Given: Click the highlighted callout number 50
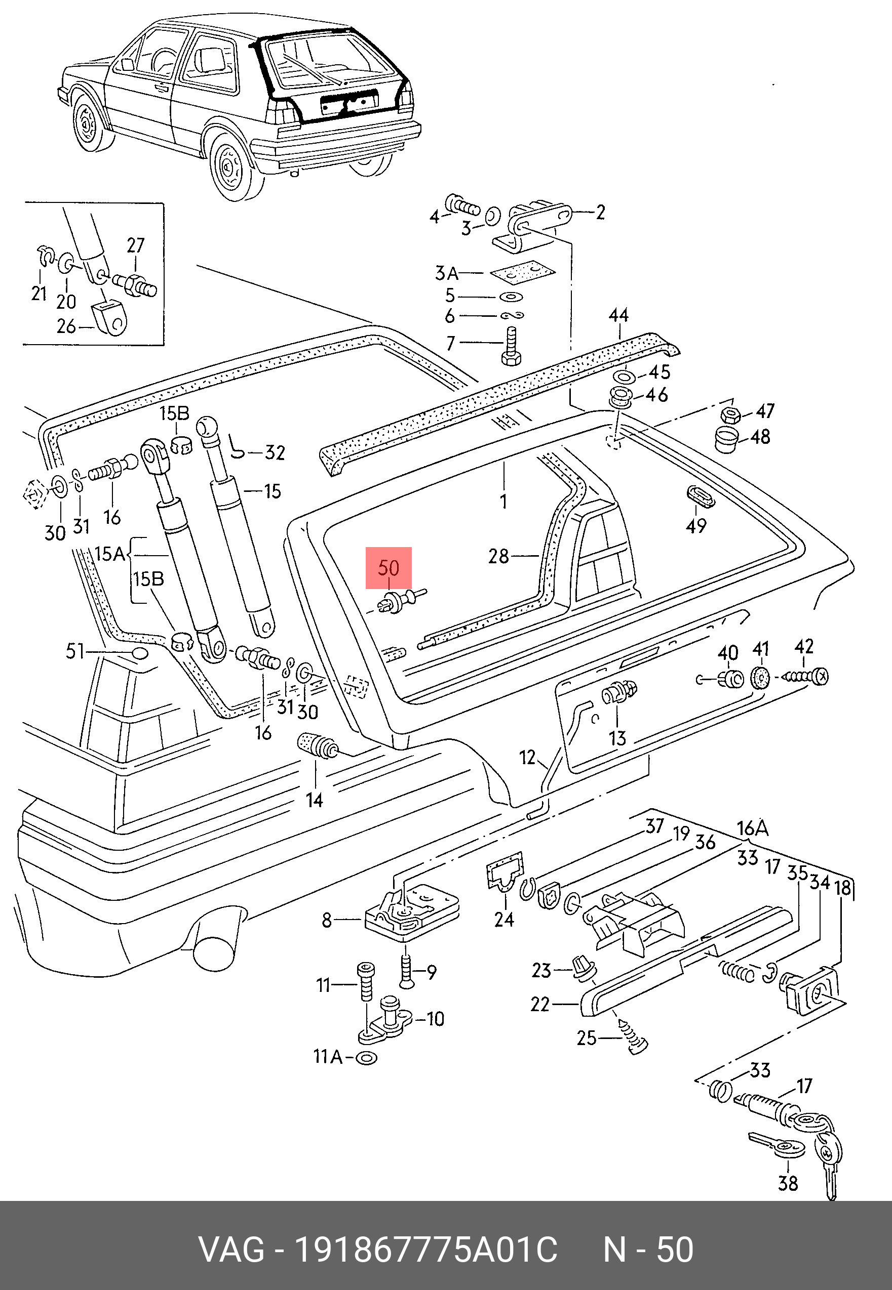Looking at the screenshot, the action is coord(389,568).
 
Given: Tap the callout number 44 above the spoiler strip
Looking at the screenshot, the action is coord(618,315).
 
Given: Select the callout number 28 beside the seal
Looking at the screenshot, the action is coord(498,556).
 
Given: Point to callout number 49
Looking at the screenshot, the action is coord(696,525).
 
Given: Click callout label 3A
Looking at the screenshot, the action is coord(447,273).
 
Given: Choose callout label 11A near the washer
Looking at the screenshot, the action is coord(328,1057).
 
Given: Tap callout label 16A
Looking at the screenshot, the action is coord(752,827).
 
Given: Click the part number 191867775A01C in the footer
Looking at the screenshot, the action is coord(425,1250).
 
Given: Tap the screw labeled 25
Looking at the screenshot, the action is coord(633,1036).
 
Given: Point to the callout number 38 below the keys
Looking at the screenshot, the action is coord(788,1182).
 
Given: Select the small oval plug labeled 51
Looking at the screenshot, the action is coord(140,653).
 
